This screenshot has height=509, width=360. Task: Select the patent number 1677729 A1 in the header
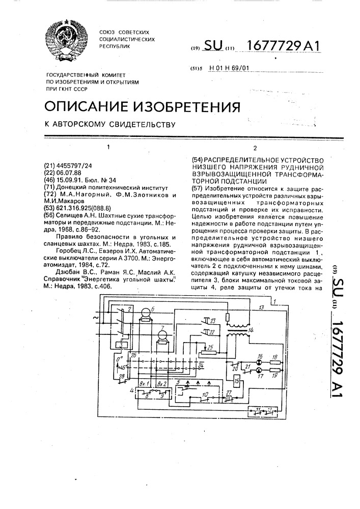284,46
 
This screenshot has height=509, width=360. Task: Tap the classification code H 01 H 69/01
229,68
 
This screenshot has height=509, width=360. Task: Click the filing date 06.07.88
69,173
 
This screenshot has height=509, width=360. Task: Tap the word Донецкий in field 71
69,187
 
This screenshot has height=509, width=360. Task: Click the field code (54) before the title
197,160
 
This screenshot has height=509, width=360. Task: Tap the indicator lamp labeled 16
259,362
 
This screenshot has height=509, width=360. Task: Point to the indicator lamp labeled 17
259,371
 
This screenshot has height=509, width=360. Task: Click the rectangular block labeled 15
237,380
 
